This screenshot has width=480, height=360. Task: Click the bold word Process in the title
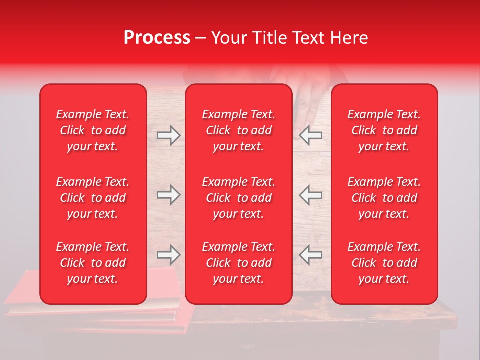pyautogui.click(x=157, y=38)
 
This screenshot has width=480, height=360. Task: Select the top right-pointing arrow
pyautogui.click(x=168, y=135)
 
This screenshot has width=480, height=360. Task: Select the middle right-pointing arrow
pyautogui.click(x=168, y=195)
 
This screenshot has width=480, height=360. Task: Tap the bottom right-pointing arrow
pyautogui.click(x=168, y=255)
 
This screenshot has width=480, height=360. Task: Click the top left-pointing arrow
pyautogui.click(x=311, y=135)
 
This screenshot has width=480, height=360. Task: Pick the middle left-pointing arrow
pyautogui.click(x=311, y=195)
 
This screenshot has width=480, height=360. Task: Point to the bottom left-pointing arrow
pyautogui.click(x=311, y=255)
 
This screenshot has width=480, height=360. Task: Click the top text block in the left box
pyautogui.click(x=93, y=130)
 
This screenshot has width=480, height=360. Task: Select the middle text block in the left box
pyautogui.click(x=93, y=198)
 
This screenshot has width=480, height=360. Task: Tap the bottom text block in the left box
pyautogui.click(x=93, y=263)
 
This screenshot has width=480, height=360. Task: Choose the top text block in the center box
pyautogui.click(x=239, y=130)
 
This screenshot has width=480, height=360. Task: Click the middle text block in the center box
pyautogui.click(x=239, y=198)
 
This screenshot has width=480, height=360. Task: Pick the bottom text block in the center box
pyautogui.click(x=239, y=263)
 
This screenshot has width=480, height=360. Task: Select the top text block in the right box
pyautogui.click(x=384, y=130)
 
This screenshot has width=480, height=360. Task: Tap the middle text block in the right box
pyautogui.click(x=384, y=198)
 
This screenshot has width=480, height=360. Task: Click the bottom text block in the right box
pyautogui.click(x=384, y=263)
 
